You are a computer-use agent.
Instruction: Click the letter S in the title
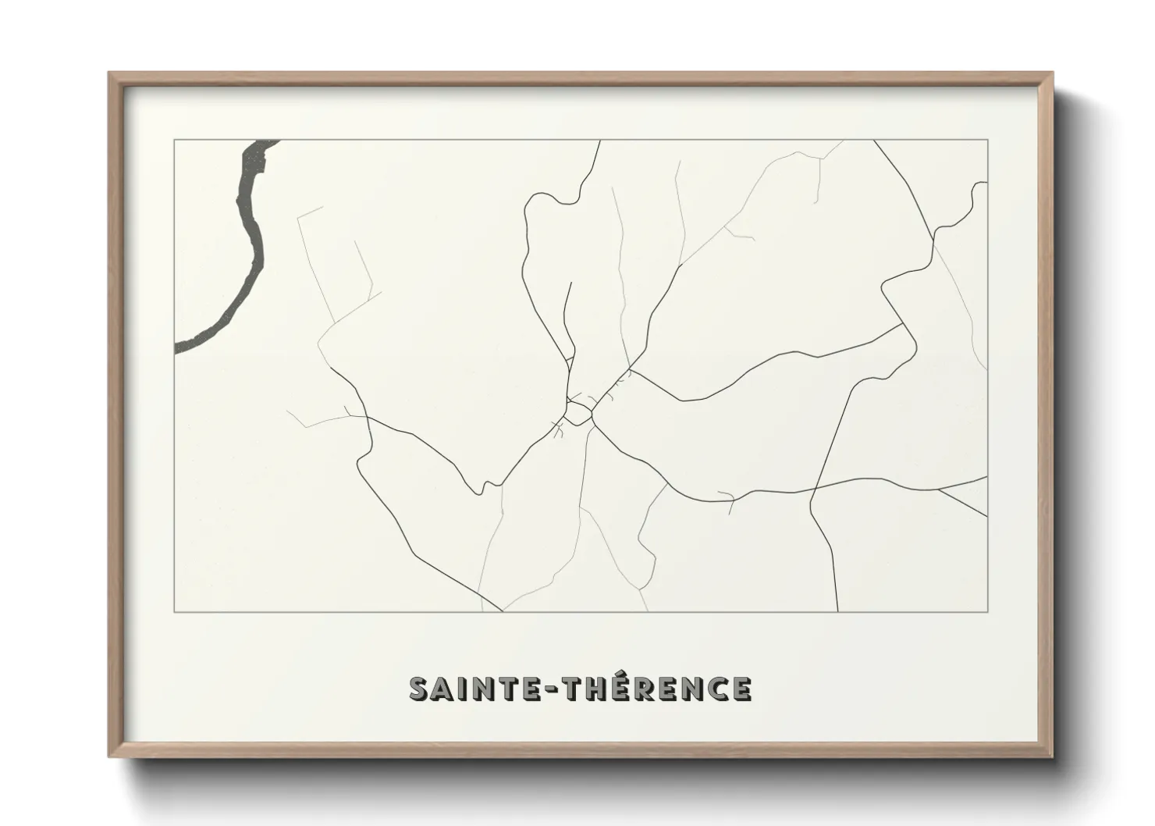click(x=421, y=689)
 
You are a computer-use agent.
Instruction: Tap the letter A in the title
click(x=445, y=689)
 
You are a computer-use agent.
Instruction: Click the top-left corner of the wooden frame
click(x=109, y=74)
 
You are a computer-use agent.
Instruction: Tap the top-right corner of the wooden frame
click(x=1052, y=74)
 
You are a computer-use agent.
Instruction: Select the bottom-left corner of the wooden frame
click(x=109, y=756)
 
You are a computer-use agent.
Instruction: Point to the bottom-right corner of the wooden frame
click(x=1052, y=756)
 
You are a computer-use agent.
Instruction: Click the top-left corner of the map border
click(x=175, y=141)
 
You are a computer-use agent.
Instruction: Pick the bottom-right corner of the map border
click(x=987, y=611)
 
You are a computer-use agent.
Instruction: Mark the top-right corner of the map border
click(x=987, y=141)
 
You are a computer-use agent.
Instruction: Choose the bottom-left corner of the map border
click(x=175, y=611)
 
